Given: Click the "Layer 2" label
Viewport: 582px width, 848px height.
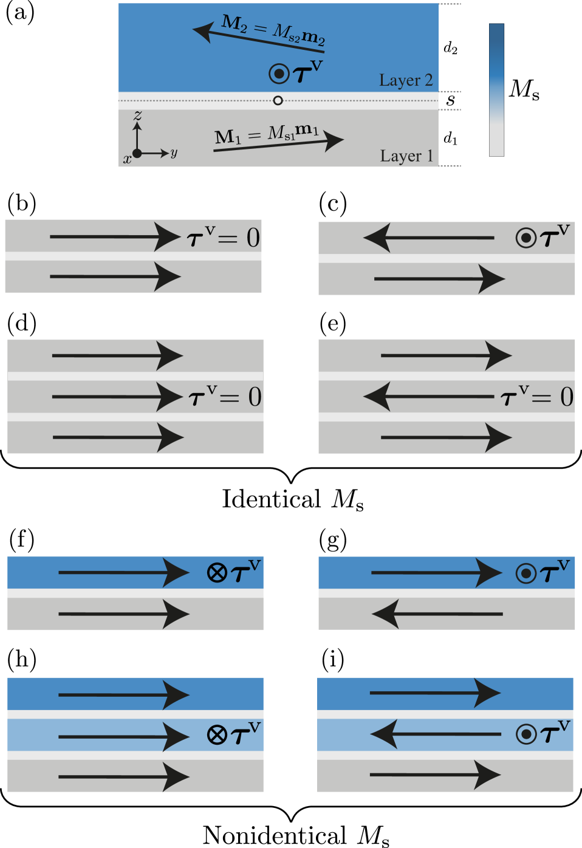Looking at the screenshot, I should (x=406, y=80).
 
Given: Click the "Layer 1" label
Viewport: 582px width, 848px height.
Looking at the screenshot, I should (x=406, y=156).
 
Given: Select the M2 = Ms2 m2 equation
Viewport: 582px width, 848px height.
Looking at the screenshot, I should (x=273, y=30).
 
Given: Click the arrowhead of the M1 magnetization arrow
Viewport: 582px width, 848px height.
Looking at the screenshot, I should (x=334, y=140).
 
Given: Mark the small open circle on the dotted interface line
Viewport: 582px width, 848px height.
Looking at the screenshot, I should (x=278, y=100).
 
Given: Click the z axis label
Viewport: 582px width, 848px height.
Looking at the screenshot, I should (x=138, y=115).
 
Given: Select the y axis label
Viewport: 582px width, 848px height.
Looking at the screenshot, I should (x=174, y=152).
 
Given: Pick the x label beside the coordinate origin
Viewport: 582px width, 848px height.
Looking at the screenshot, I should (x=127, y=159).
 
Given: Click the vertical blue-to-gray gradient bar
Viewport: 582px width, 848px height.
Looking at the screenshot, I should (x=496, y=90).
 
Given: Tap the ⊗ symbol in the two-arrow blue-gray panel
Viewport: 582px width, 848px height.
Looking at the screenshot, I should (x=217, y=572).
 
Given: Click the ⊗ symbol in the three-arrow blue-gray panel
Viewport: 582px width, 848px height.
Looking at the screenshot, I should (x=217, y=735).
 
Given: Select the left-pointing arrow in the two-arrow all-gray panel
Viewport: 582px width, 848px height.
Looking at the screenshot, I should (x=428, y=238).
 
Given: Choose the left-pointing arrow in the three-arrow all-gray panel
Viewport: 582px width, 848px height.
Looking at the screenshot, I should (x=428, y=397).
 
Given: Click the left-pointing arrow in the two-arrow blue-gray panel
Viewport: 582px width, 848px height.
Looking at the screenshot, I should (x=437, y=614).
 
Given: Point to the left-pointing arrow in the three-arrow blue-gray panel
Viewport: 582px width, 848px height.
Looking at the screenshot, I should (x=435, y=734).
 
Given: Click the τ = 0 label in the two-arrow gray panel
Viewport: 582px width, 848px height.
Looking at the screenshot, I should (x=224, y=238).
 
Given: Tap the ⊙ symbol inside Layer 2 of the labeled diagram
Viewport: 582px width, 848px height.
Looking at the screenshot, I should (x=279, y=74).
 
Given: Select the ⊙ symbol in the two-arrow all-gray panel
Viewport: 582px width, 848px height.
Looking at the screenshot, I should (x=526, y=238).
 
